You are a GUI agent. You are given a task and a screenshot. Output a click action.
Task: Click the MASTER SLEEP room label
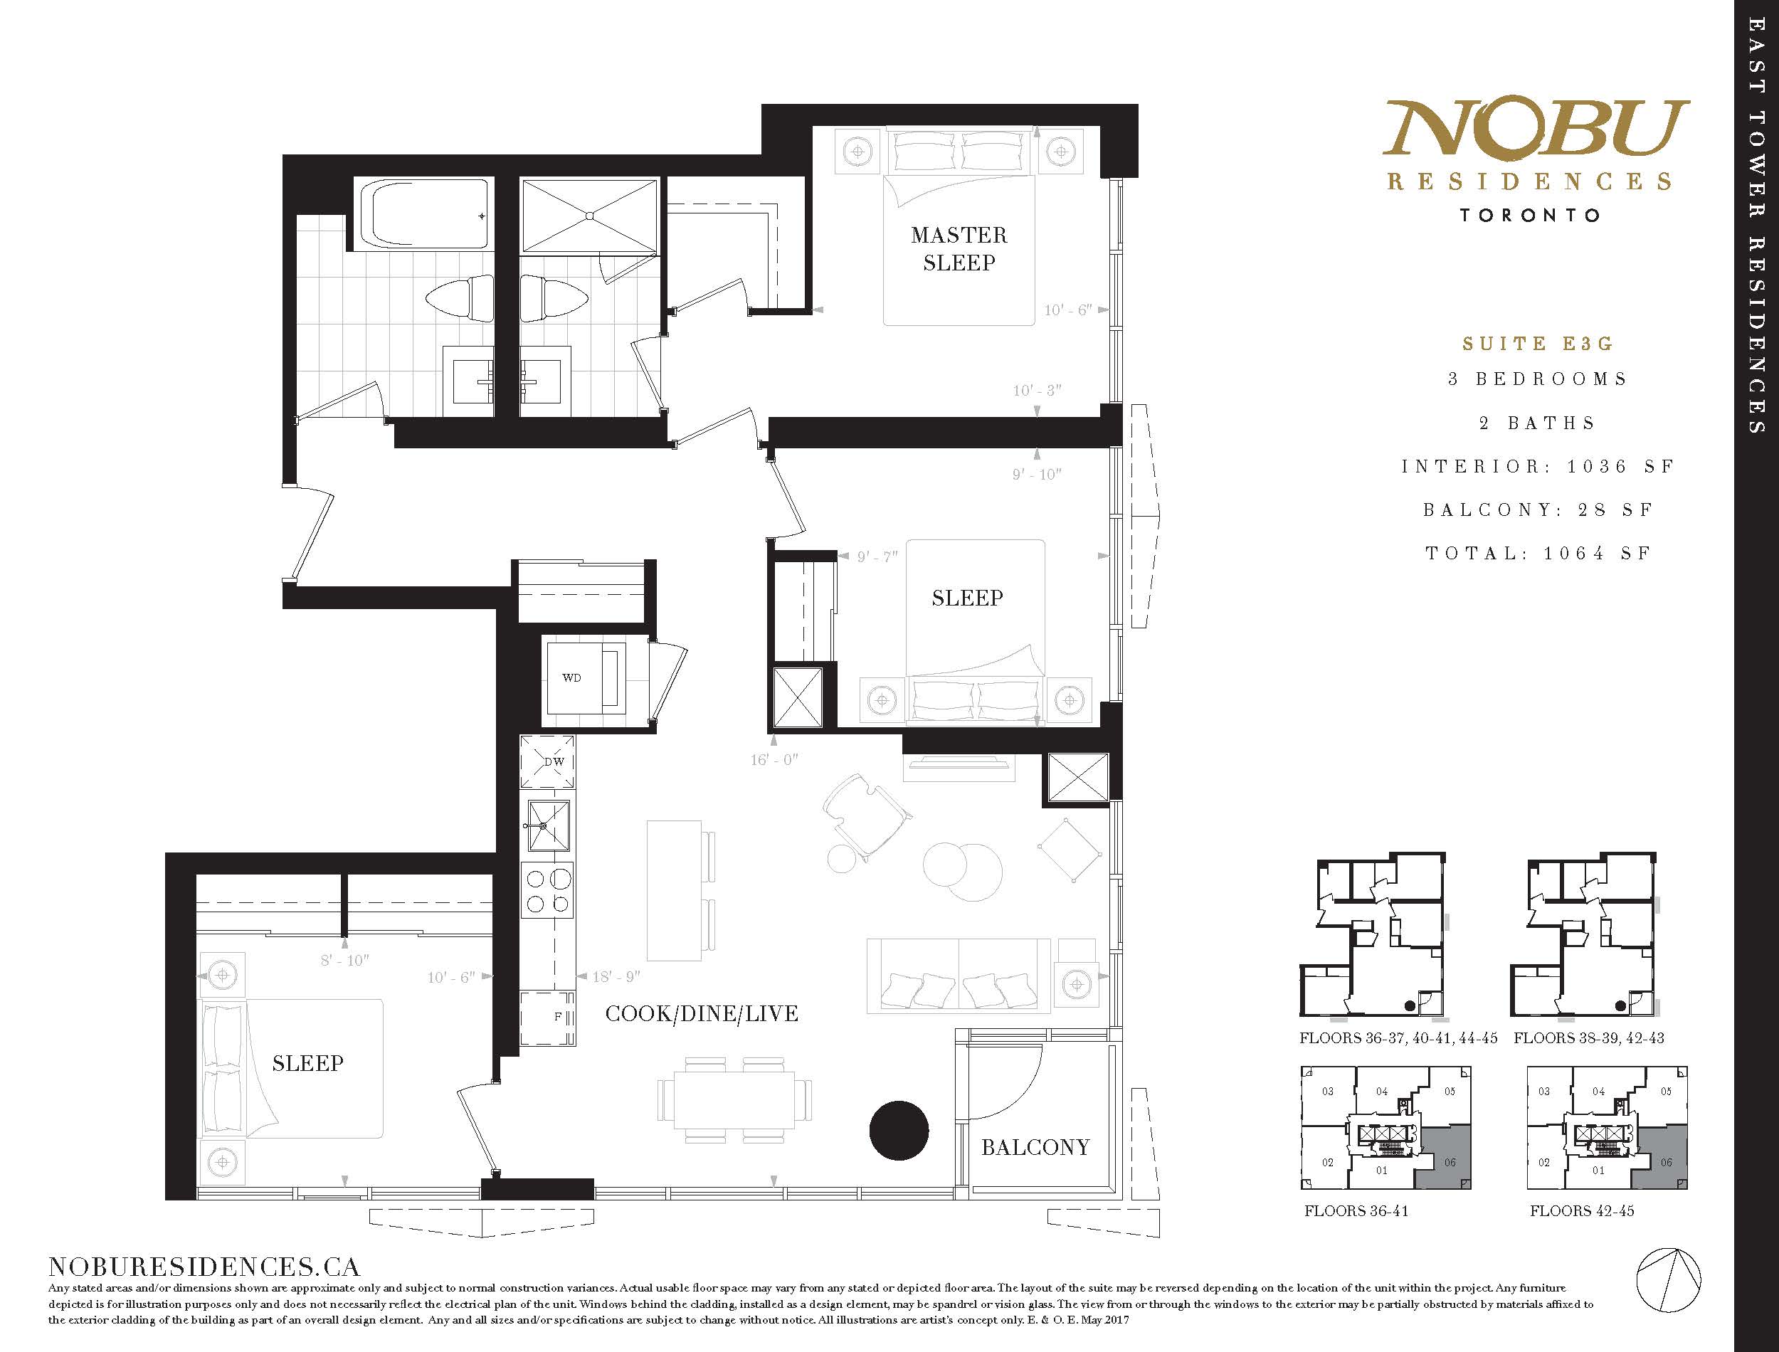(959, 248)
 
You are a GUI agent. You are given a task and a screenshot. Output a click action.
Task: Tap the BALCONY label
(1035, 1147)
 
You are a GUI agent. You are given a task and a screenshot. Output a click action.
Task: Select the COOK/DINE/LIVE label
(702, 1013)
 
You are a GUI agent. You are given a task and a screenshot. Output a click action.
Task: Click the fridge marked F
(547, 1018)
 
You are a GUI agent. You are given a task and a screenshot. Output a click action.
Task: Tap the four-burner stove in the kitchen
(548, 891)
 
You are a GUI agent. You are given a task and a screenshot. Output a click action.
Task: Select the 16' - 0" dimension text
(774, 759)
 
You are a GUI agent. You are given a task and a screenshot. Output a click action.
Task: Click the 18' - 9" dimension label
(616, 976)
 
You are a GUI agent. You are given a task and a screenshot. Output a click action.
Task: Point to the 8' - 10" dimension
(344, 960)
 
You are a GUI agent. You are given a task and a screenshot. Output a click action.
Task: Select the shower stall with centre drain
(590, 216)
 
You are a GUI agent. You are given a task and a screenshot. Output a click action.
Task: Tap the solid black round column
(899, 1130)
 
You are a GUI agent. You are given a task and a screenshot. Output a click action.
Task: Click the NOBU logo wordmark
(1535, 127)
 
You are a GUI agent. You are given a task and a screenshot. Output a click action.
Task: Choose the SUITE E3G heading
(1538, 344)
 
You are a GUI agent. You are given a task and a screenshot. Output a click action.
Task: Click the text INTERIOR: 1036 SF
(1538, 466)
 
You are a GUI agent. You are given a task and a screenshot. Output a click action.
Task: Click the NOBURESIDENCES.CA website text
(204, 1267)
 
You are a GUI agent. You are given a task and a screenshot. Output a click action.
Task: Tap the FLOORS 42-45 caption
(1582, 1211)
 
